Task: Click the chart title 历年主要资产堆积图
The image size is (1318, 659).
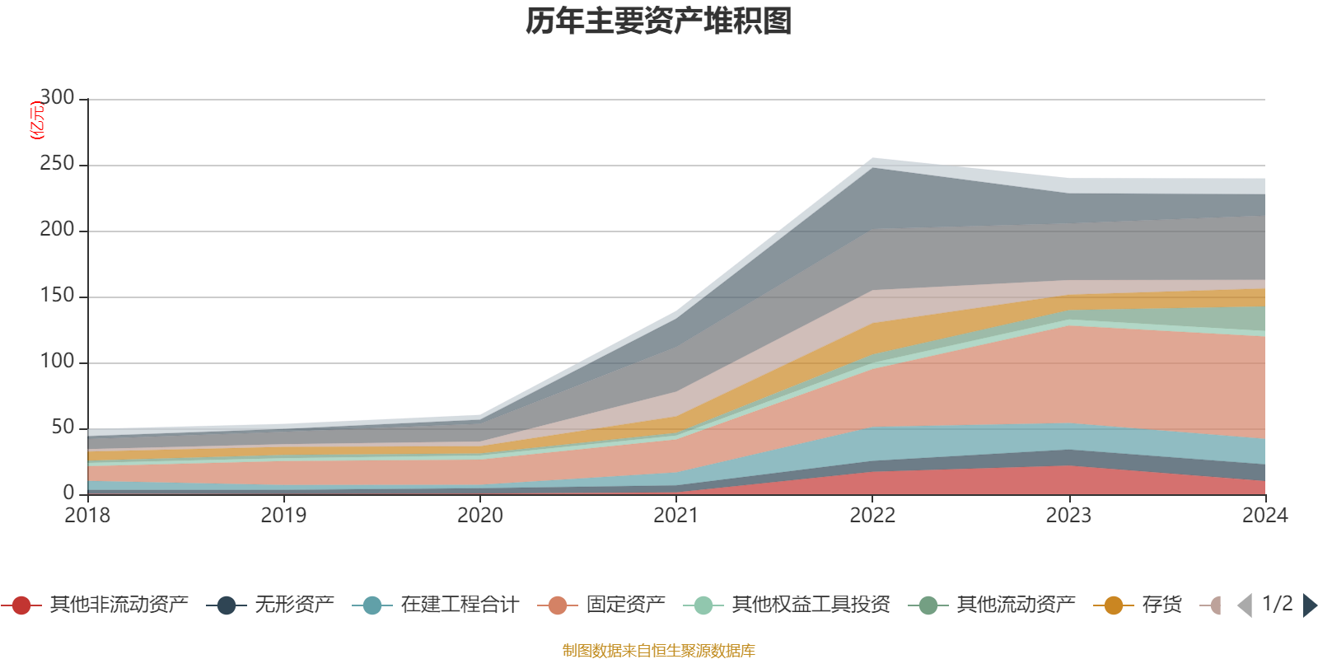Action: [659, 21]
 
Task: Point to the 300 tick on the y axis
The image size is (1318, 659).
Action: [57, 98]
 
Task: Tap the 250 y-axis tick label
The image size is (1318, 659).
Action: [57, 164]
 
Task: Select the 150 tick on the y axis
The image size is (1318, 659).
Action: [57, 296]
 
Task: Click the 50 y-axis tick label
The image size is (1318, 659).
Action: [63, 428]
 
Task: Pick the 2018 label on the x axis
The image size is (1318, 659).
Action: [87, 516]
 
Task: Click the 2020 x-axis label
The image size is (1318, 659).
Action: [480, 516]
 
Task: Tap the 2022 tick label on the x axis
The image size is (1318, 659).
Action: [872, 516]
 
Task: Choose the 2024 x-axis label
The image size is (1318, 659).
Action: [1264, 516]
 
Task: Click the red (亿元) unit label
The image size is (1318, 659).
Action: [36, 120]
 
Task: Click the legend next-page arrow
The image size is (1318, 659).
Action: [1309, 605]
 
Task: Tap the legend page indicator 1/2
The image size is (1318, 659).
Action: [1277, 604]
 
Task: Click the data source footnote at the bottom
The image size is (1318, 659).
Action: [659, 651]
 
